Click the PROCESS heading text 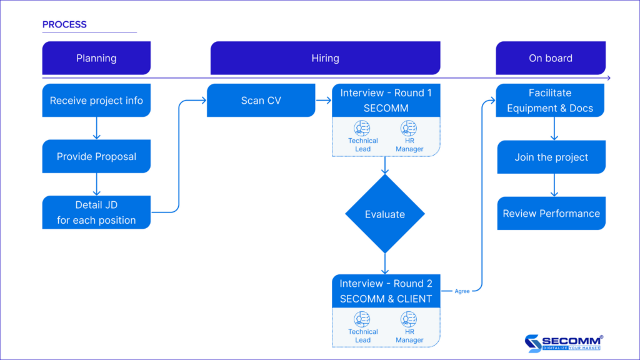(64, 25)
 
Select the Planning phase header (96, 58)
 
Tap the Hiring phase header (325, 58)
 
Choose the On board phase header (550, 58)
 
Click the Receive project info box (96, 101)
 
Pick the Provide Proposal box (96, 156)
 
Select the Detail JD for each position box (96, 212)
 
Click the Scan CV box (261, 101)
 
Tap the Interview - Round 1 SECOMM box (386, 101)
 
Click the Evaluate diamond (385, 214)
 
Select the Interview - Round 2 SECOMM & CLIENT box (386, 291)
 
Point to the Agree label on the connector (462, 291)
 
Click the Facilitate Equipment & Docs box (550, 101)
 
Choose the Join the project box (551, 157)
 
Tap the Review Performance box (551, 214)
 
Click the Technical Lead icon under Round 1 (362, 128)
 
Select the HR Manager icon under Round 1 (409, 128)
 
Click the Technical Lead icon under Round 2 (362, 319)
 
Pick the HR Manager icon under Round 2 (409, 319)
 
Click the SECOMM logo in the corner (564, 343)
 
